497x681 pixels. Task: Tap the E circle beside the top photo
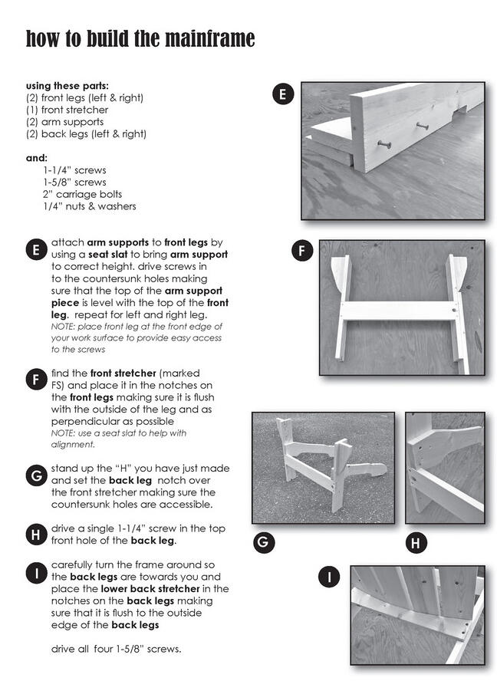283,95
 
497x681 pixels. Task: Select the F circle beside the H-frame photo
302,251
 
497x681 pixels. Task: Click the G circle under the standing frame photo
263,544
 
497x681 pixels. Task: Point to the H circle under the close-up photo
415,544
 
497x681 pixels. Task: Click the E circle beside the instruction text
36,250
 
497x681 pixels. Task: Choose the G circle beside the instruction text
36,476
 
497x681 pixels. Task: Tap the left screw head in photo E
383,144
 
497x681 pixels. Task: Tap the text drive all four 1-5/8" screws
116,650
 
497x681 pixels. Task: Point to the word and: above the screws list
37,158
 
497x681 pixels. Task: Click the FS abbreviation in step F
58,386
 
